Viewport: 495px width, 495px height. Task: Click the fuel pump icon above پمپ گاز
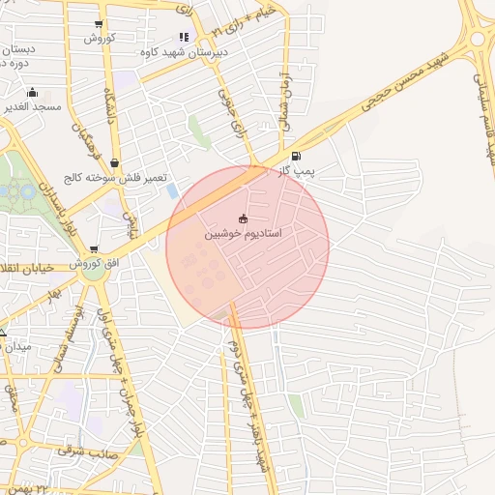(295, 155)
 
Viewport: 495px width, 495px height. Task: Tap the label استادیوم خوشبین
(244, 234)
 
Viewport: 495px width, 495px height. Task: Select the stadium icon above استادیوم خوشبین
(243, 218)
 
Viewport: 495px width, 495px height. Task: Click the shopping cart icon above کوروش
(100, 24)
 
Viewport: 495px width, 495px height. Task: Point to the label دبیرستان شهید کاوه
(185, 51)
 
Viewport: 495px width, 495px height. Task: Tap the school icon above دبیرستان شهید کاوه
(184, 37)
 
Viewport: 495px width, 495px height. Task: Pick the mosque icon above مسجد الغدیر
(32, 93)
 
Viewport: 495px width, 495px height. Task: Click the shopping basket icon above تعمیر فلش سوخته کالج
(116, 163)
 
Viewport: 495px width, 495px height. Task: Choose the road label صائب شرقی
(85, 451)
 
